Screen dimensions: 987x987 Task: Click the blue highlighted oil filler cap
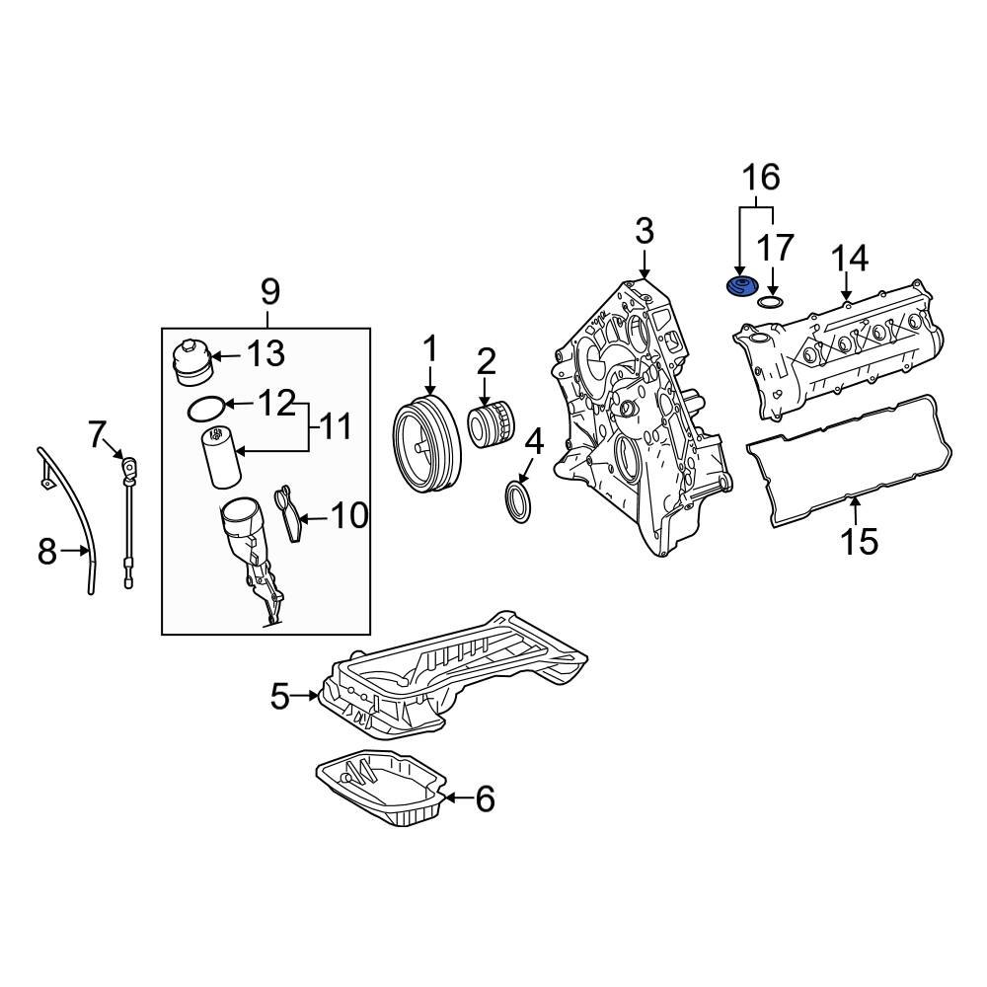click(739, 286)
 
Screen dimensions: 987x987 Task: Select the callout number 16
click(761, 178)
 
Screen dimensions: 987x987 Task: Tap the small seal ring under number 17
click(772, 300)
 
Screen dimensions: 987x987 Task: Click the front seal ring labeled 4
click(518, 497)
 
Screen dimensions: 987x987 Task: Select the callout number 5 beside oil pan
click(280, 697)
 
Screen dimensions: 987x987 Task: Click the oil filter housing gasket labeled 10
click(288, 513)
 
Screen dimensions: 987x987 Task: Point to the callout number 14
click(849, 259)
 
